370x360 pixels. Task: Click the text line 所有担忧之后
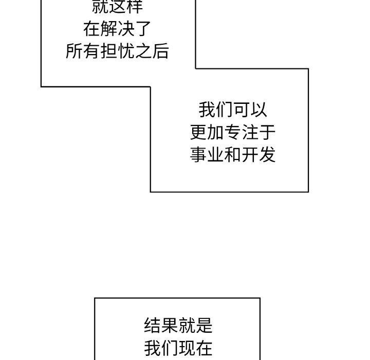tap(117, 51)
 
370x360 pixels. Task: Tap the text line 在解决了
tap(117, 29)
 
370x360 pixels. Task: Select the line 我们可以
tap(233, 110)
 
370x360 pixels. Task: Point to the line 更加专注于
tap(233, 132)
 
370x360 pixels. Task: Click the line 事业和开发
tap(233, 154)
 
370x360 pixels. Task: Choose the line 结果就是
tap(178, 326)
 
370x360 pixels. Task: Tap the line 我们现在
tap(178, 348)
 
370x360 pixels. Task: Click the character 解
tap(108, 29)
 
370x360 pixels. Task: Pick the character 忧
tap(126, 51)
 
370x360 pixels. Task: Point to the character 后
tap(160, 51)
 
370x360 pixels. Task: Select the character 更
tap(198, 132)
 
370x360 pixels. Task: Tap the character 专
tap(233, 132)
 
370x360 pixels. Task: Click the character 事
tap(198, 154)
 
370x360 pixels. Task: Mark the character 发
tap(267, 154)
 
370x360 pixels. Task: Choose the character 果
tap(169, 326)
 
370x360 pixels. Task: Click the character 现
tap(187, 348)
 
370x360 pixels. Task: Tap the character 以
tap(258, 110)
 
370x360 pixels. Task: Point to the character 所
tap(75, 51)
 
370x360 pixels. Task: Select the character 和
tap(233, 154)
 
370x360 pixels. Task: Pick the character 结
tap(152, 326)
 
